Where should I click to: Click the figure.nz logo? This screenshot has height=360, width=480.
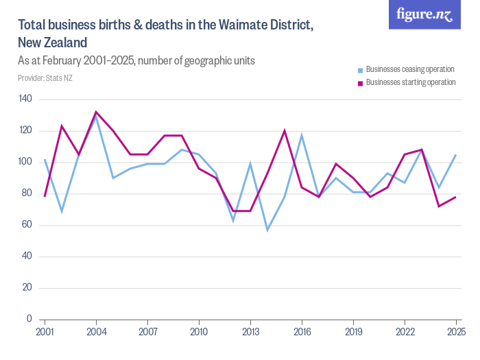(424, 14)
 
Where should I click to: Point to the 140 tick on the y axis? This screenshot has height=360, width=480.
(26, 99)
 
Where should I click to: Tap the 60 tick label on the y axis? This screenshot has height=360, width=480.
(28, 225)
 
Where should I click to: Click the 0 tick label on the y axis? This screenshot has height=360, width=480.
(30, 319)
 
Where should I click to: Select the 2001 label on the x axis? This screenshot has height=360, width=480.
(45, 332)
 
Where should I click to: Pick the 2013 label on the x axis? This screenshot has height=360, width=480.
(250, 332)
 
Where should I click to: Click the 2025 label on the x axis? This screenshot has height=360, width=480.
(456, 332)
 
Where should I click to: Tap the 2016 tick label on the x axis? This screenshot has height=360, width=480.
(302, 332)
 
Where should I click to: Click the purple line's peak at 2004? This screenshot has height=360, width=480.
(96, 112)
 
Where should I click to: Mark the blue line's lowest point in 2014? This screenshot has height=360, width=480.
(267, 230)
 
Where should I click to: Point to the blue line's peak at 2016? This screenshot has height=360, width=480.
(302, 135)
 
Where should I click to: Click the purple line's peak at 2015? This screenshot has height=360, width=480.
(285, 130)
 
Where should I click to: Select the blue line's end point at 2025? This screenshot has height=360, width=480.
(456, 154)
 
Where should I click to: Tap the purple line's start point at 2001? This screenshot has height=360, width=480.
(45, 196)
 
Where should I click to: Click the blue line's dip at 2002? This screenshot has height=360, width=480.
(62, 211)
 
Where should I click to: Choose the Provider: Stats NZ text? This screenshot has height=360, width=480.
(45, 78)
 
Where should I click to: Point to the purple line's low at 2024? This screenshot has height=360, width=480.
(439, 206)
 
